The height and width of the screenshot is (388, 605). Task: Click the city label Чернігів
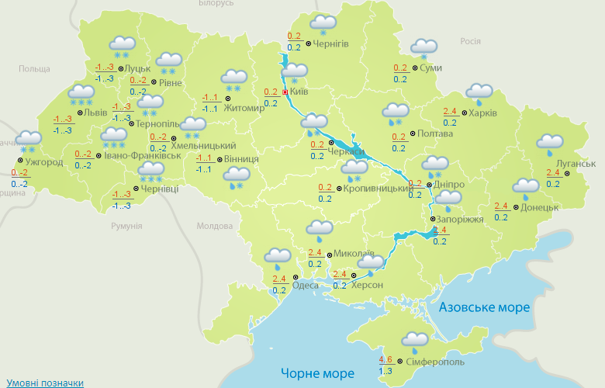tap(331, 44)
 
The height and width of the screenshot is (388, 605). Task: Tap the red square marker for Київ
tap(285, 92)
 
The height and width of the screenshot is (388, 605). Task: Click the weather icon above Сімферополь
tap(415, 341)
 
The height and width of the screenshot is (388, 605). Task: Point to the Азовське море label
tap(484, 308)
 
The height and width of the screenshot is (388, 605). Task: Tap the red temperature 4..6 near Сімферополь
tap(385, 360)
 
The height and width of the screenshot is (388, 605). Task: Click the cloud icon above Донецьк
tap(526, 187)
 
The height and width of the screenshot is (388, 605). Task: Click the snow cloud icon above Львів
tap(81, 94)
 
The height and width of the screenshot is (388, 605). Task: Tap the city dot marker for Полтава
tap(412, 134)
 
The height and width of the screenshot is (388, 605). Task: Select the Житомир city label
tap(244, 108)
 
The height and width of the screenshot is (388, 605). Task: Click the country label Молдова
tap(215, 226)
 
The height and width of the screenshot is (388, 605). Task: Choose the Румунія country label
tap(126, 225)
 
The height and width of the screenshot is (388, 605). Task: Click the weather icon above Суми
tap(423, 49)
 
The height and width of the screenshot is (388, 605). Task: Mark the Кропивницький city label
tap(377, 189)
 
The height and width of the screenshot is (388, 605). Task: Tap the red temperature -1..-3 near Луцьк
tap(105, 67)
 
